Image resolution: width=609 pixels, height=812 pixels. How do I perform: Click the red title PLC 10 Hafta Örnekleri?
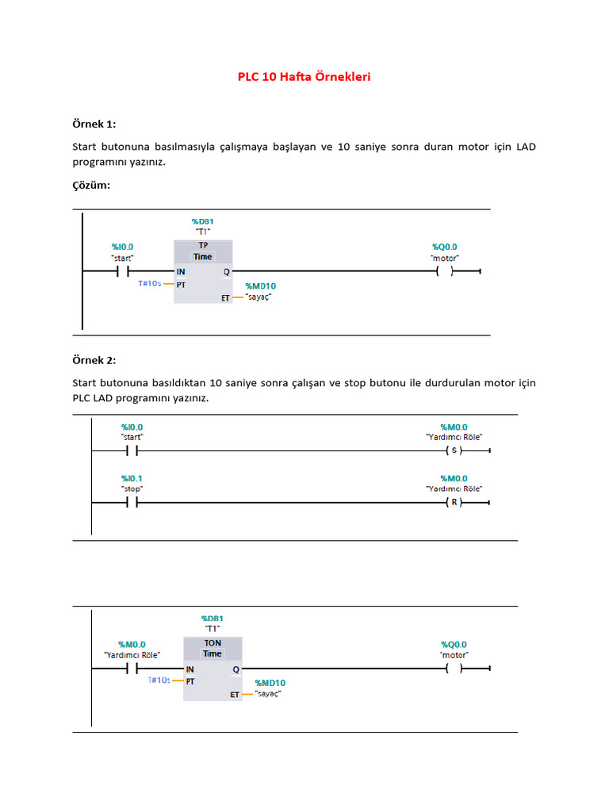pyautogui.click(x=304, y=77)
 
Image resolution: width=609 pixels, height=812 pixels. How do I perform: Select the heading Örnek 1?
pyautogui.click(x=94, y=124)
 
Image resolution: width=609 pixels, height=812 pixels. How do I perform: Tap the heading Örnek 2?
pyautogui.click(x=94, y=360)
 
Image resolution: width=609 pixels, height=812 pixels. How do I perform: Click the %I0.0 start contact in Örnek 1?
pyautogui.click(x=122, y=271)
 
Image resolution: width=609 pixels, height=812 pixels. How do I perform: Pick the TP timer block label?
pyautogui.click(x=203, y=246)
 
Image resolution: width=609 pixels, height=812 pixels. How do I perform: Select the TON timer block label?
pyautogui.click(x=213, y=644)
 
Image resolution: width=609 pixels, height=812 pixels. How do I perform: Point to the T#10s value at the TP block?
pyautogui.click(x=150, y=283)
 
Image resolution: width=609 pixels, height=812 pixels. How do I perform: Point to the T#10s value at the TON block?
pyautogui.click(x=159, y=680)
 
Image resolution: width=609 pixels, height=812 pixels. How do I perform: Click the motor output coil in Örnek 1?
pyautogui.click(x=444, y=271)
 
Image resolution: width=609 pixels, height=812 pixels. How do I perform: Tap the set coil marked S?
pyautogui.click(x=454, y=451)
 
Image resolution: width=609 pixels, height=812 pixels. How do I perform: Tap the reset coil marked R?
pyautogui.click(x=454, y=503)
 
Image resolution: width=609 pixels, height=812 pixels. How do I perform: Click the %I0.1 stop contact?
pyautogui.click(x=132, y=503)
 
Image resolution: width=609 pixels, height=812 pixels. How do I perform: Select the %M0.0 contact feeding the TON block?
pyautogui.click(x=132, y=668)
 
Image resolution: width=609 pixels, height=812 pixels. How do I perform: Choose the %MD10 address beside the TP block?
pyautogui.click(x=261, y=285)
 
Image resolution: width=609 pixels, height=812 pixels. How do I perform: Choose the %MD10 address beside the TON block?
pyautogui.click(x=270, y=683)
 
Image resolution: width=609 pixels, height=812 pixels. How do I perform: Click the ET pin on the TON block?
pyautogui.click(x=235, y=695)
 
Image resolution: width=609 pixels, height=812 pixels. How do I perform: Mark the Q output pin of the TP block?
pyautogui.click(x=227, y=271)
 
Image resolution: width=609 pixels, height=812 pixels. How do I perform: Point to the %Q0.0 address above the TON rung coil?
pyautogui.click(x=454, y=644)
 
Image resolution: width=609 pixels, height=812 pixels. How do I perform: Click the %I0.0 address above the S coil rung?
pyautogui.click(x=132, y=427)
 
